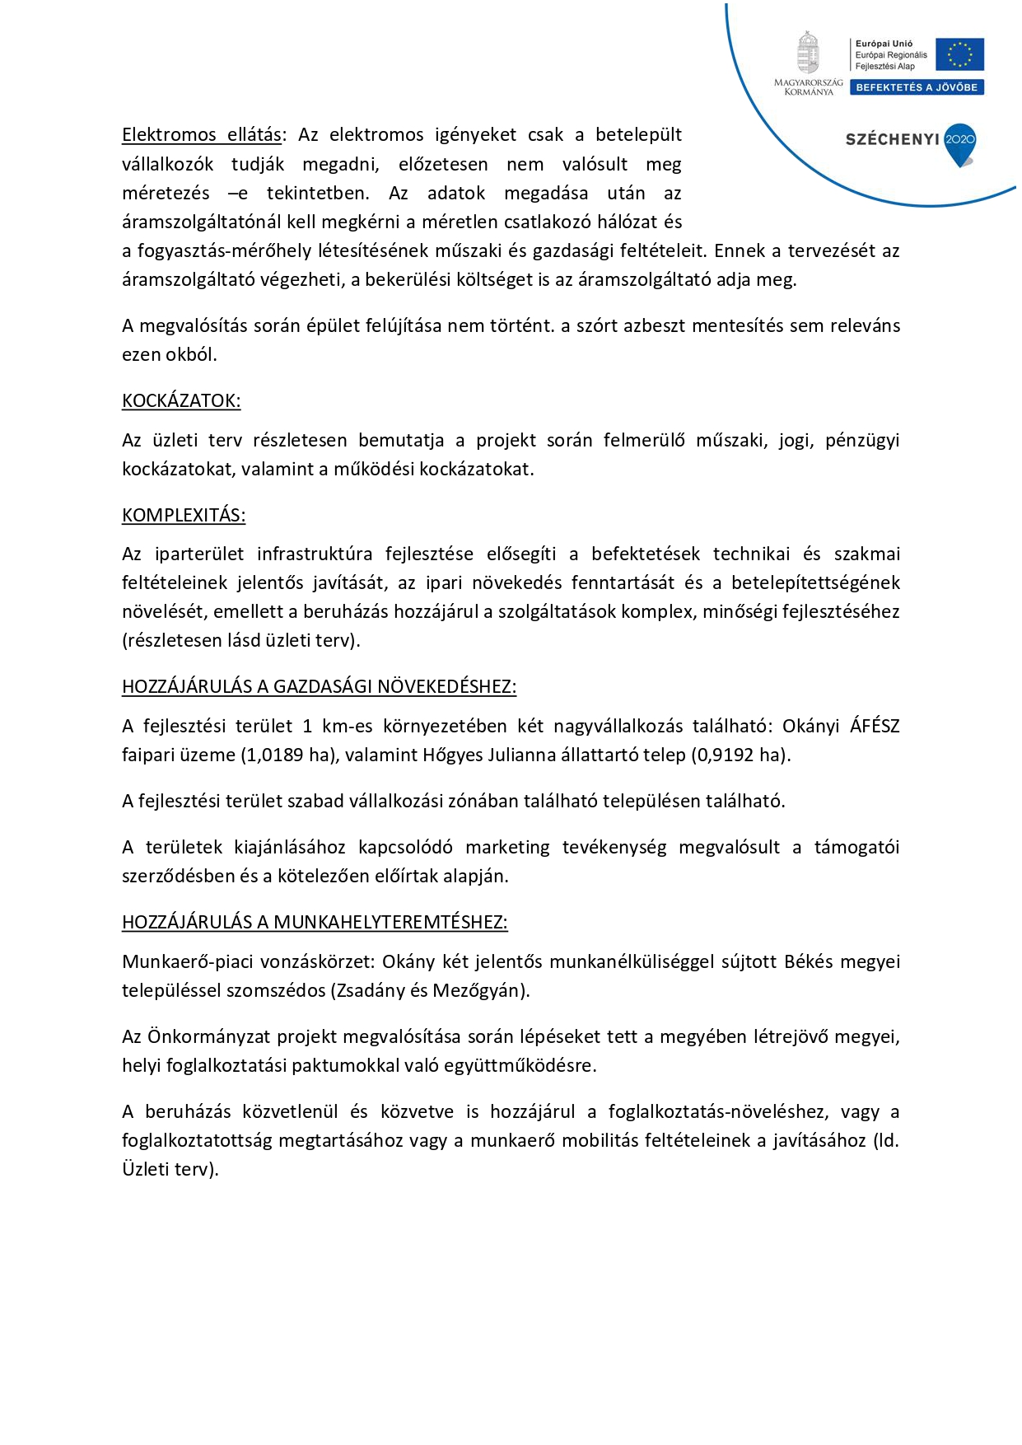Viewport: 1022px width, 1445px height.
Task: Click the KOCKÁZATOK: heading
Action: [181, 401]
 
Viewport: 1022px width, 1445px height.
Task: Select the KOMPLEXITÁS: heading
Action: [184, 516]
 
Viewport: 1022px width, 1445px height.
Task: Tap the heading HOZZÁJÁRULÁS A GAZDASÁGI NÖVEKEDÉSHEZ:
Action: [319, 687]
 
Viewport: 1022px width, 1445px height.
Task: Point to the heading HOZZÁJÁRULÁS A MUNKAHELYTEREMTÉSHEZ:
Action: [315, 923]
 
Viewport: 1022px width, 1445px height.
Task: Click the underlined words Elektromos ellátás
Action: [202, 135]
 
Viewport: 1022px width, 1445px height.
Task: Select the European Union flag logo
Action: [959, 54]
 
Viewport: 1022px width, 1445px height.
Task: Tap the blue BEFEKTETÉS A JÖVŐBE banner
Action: [917, 87]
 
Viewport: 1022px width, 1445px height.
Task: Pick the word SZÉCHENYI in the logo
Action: [892, 139]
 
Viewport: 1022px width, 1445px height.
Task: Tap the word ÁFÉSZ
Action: [875, 727]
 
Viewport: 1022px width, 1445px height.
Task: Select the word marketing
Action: [507, 848]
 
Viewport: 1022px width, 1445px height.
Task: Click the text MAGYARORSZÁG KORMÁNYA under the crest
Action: [808, 87]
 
